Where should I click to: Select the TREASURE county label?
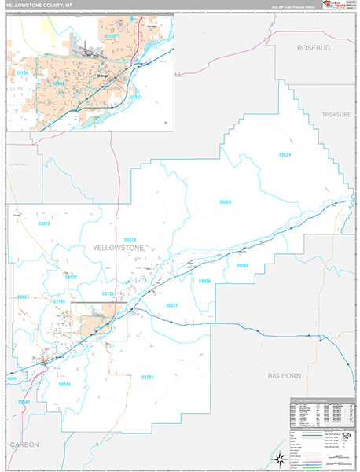336,115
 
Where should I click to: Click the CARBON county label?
24,444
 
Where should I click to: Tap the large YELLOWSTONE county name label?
118,247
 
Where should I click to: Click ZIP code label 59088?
225,202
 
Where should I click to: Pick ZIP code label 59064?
242,266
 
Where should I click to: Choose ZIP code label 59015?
44,224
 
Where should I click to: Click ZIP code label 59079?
130,239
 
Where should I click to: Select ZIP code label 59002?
72,277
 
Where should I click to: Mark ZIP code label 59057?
22,297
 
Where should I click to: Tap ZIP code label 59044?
64,384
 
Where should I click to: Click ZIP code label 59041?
24,402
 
